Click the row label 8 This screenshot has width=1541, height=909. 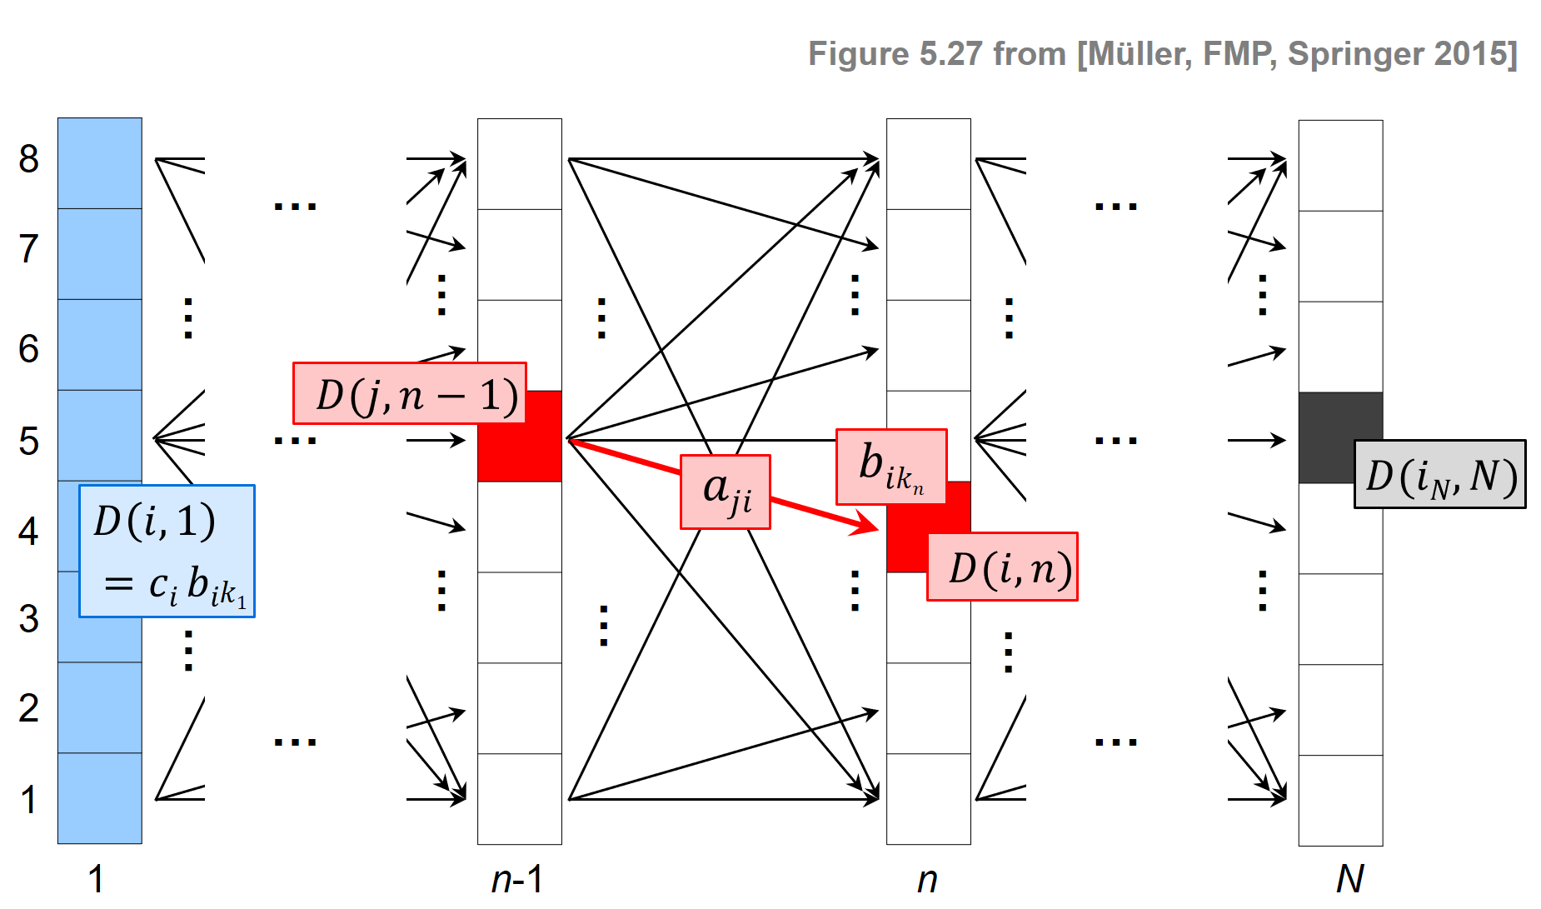(29, 158)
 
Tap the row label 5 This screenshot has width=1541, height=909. (29, 441)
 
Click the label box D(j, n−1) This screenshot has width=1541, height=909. (410, 393)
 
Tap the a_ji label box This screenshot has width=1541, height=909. (726, 492)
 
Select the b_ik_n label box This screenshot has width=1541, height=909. (891, 467)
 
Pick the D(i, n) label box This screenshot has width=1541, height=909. (1003, 567)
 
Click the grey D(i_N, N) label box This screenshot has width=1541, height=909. (1440, 474)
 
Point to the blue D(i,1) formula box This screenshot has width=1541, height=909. (167, 551)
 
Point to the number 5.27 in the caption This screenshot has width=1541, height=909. (950, 54)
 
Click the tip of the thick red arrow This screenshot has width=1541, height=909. (876, 529)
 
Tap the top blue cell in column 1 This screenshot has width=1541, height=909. (100, 163)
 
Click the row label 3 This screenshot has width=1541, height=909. (29, 619)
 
